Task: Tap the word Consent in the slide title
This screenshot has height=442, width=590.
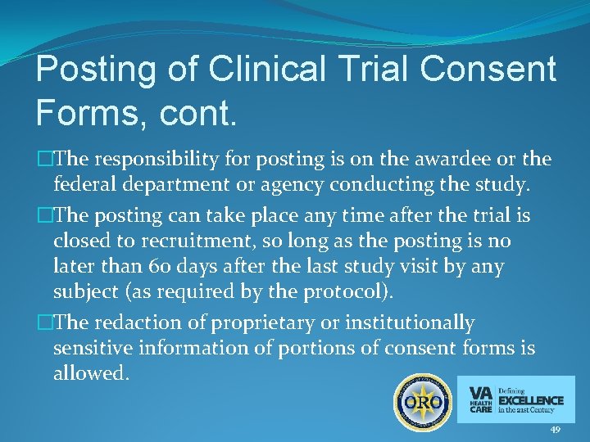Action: click(490, 70)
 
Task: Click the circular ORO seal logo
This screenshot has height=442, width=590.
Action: click(422, 402)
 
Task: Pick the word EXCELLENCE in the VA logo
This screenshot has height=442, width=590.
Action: click(531, 400)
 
